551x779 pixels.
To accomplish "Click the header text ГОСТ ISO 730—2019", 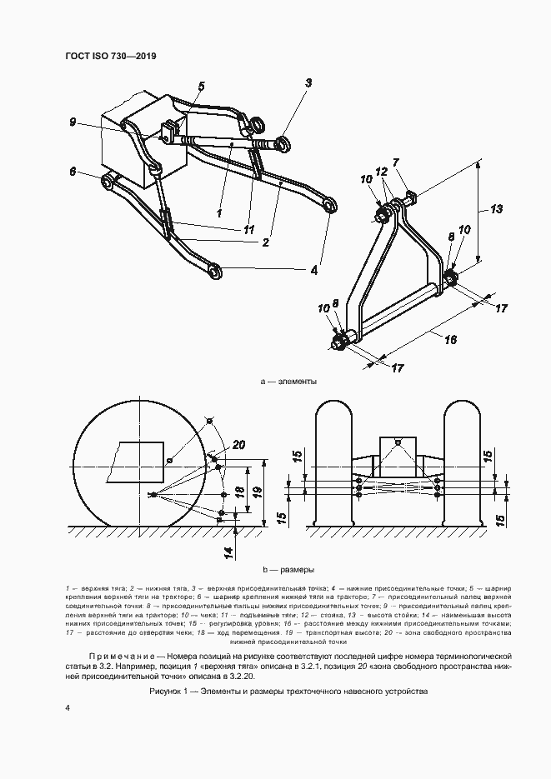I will [x=111, y=56].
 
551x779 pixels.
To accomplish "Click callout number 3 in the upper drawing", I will [x=308, y=82].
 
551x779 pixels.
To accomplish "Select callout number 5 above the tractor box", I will [x=201, y=86].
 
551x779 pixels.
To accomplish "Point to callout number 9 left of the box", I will [x=73, y=122].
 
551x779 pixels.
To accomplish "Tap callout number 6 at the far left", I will [x=73, y=172].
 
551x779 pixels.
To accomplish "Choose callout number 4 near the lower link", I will [x=314, y=270].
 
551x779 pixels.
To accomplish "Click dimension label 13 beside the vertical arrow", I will [x=496, y=209].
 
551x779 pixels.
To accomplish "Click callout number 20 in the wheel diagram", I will [x=239, y=446].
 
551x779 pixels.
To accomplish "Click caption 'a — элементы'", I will [x=289, y=382].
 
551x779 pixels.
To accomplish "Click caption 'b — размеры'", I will [x=288, y=571].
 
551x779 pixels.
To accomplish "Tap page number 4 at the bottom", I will [x=67, y=707].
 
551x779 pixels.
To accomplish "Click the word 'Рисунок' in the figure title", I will [x=168, y=692].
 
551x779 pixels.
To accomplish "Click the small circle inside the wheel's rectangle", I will [x=169, y=460].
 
